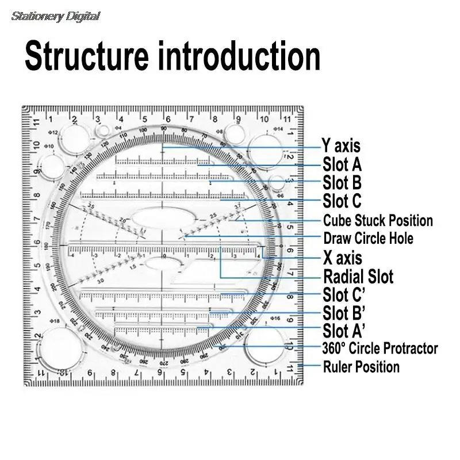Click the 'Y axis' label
tap(340, 147)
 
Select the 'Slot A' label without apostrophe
tap(342, 165)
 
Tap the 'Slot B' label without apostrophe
tap(342, 183)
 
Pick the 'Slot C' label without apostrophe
tap(342, 201)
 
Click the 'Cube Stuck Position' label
tap(378, 220)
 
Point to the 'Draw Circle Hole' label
tap(368, 238)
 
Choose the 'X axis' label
tap(343, 257)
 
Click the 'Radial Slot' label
tap(358, 277)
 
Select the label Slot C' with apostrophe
tap(344, 295)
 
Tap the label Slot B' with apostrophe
tap(344, 313)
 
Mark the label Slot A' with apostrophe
tap(344, 331)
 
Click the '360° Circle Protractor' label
tap(380, 348)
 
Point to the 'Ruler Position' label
tap(361, 367)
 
